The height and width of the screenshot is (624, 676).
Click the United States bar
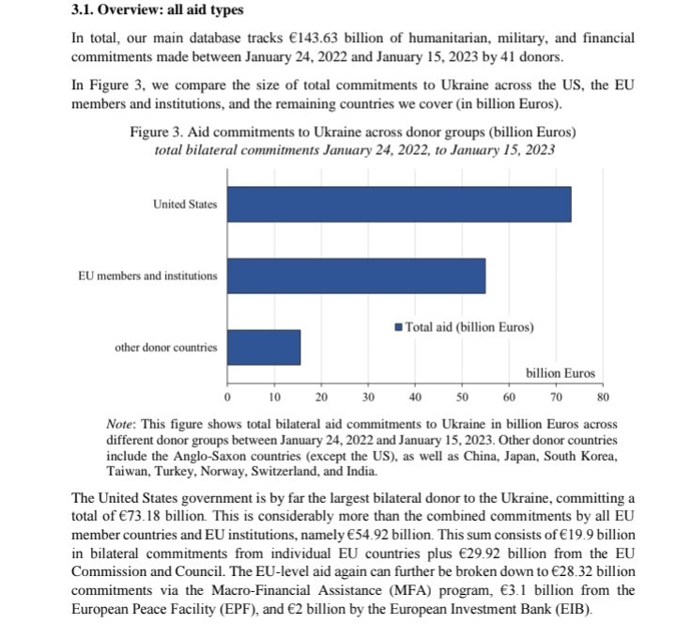click(x=399, y=204)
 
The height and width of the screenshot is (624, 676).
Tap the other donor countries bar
click(x=264, y=347)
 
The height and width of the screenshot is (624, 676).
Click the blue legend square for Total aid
click(x=399, y=327)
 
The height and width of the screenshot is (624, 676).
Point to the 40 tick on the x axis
click(x=415, y=396)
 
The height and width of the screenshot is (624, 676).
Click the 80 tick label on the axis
click(x=603, y=396)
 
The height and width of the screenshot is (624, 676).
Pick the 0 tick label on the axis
click(x=228, y=396)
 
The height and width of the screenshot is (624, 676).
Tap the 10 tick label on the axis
click(x=274, y=396)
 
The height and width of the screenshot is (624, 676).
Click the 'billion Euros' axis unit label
click(x=561, y=373)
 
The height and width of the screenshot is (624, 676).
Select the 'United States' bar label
click(x=185, y=204)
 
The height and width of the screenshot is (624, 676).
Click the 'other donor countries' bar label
click(x=165, y=347)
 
